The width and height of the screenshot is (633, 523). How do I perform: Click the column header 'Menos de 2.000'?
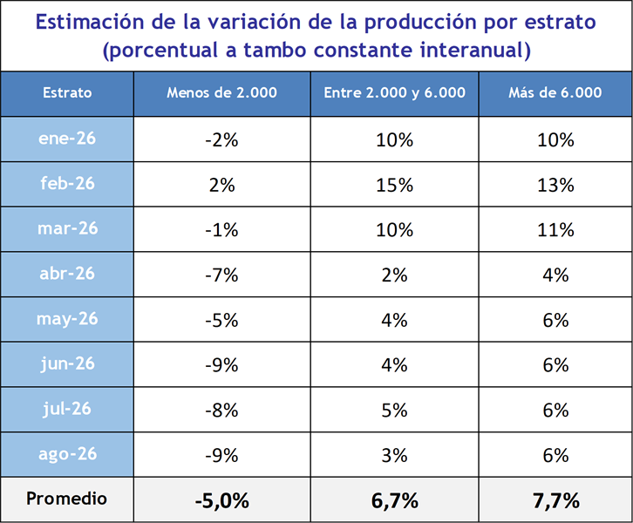[221, 92]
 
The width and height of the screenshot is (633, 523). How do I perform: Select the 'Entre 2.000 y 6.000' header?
[394, 92]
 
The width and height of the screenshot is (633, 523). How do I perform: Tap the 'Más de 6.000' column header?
[555, 92]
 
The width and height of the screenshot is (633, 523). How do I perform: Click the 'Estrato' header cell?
[67, 92]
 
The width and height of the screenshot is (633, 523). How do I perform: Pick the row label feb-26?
[67, 184]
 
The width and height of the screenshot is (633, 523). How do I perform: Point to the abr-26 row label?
[67, 274]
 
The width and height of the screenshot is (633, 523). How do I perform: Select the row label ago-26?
[67, 454]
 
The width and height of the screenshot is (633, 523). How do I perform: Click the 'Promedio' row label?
[66, 499]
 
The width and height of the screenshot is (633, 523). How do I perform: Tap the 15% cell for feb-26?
[394, 185]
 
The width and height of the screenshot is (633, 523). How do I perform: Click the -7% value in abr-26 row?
[221, 275]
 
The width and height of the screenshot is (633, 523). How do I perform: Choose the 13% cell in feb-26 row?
[555, 185]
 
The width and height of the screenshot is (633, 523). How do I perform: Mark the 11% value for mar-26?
[555, 230]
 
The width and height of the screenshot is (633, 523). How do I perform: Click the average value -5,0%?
[222, 501]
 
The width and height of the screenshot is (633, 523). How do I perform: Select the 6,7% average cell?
[394, 501]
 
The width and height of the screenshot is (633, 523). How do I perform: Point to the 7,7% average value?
[556, 501]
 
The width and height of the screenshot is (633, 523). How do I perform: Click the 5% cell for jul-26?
[394, 411]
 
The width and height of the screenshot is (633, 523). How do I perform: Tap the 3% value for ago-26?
[394, 456]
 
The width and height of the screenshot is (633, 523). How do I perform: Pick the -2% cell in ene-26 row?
[221, 140]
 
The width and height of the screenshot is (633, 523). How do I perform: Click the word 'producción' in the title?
[420, 23]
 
